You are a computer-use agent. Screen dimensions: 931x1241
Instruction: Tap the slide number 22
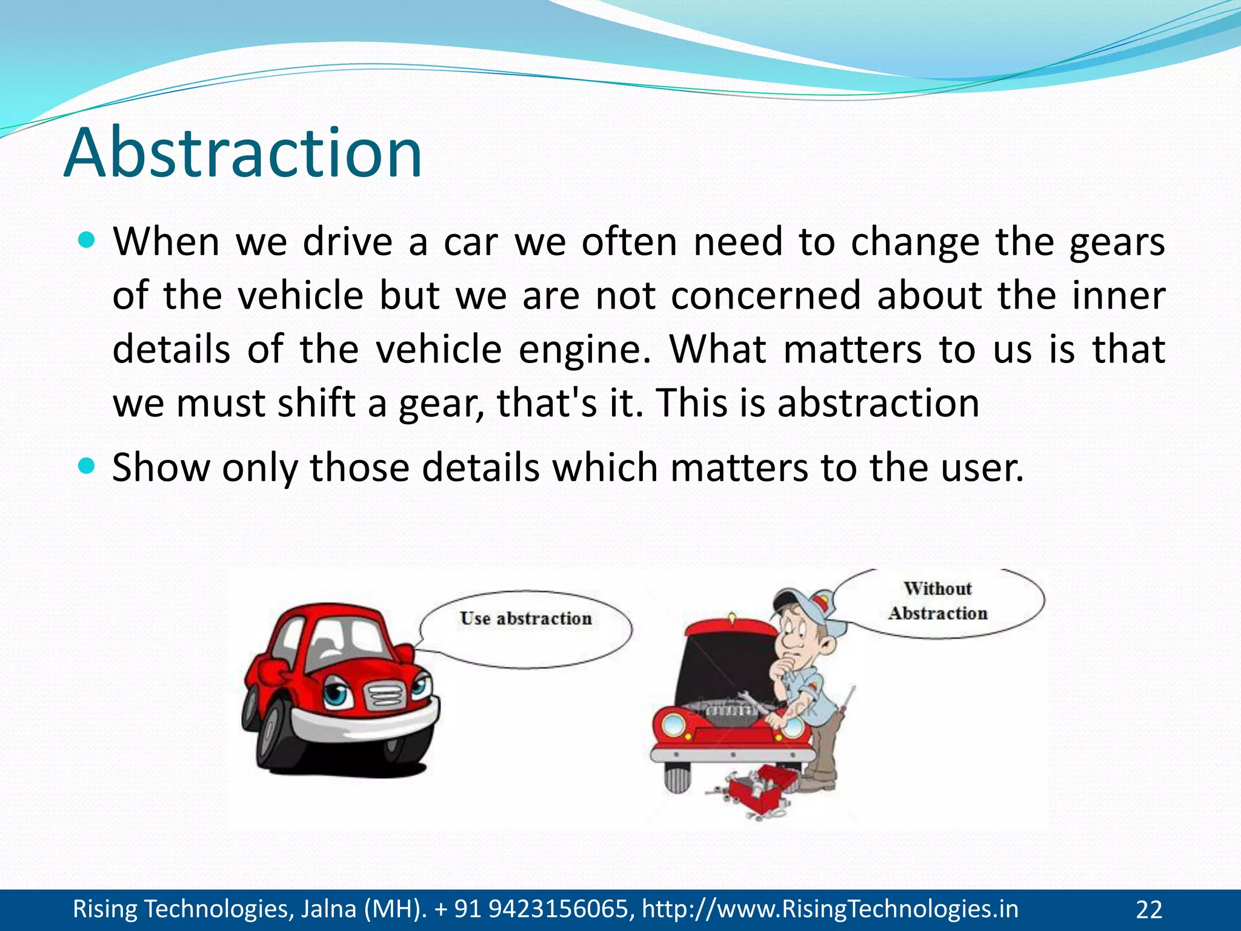pos(1148,910)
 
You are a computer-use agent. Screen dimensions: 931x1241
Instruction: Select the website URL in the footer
pos(830,909)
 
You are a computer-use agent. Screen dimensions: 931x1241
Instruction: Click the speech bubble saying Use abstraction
pos(525,629)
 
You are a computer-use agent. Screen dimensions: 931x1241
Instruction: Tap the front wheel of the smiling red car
pos(276,736)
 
